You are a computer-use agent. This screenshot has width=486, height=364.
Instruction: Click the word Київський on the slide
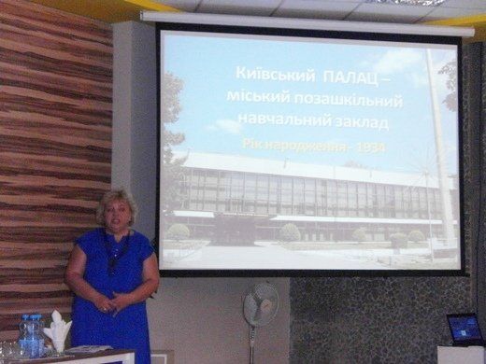(275, 76)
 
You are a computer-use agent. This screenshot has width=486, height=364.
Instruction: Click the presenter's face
(118, 215)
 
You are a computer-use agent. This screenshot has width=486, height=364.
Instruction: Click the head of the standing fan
(261, 304)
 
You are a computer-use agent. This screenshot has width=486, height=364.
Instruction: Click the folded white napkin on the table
(58, 329)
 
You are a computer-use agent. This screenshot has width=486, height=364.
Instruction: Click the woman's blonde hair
(116, 203)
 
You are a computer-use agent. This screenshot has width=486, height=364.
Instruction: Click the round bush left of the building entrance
(179, 232)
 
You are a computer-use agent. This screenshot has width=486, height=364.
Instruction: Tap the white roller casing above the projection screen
(307, 21)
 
